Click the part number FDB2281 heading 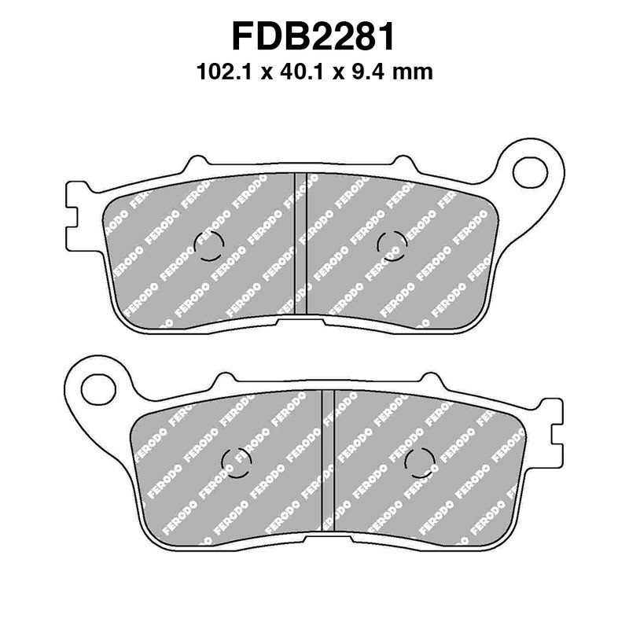coord(314,37)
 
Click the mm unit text coord(414,73)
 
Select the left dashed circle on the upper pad coord(210,246)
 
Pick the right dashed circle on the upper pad coord(392,246)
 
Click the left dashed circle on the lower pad coord(237,463)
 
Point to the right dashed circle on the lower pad coord(420,463)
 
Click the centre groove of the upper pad coord(300,244)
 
